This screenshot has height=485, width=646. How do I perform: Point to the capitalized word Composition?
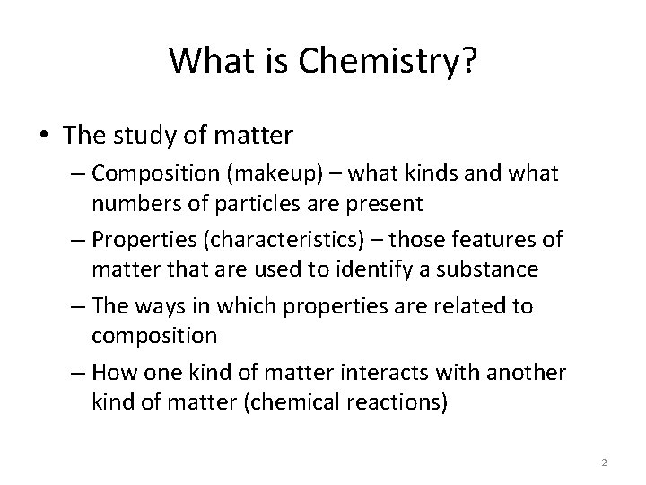click(169, 173)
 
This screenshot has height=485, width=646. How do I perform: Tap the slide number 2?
click(604, 463)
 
